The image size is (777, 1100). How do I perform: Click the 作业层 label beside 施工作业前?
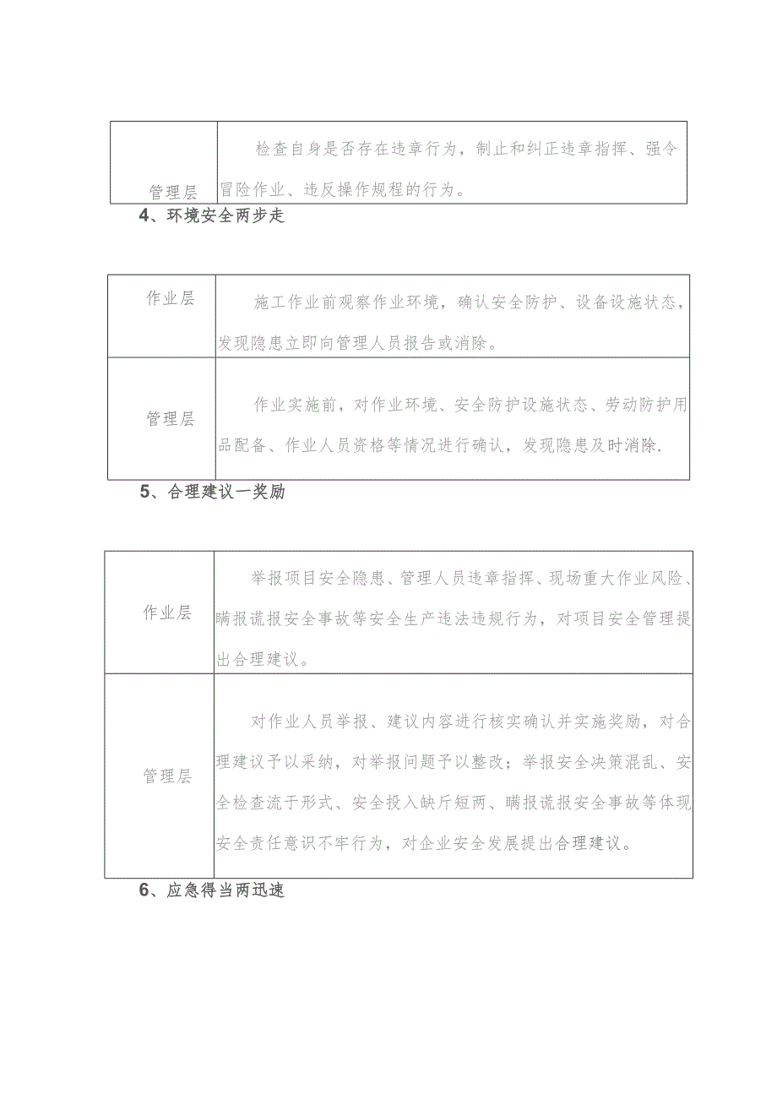click(171, 299)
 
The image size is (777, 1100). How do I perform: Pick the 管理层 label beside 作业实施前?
click(171, 419)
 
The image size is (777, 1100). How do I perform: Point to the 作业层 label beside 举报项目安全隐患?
click(167, 613)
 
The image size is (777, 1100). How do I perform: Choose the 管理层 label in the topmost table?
click(173, 193)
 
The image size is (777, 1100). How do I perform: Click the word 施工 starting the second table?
click(269, 302)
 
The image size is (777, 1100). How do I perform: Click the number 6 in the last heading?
click(144, 890)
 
